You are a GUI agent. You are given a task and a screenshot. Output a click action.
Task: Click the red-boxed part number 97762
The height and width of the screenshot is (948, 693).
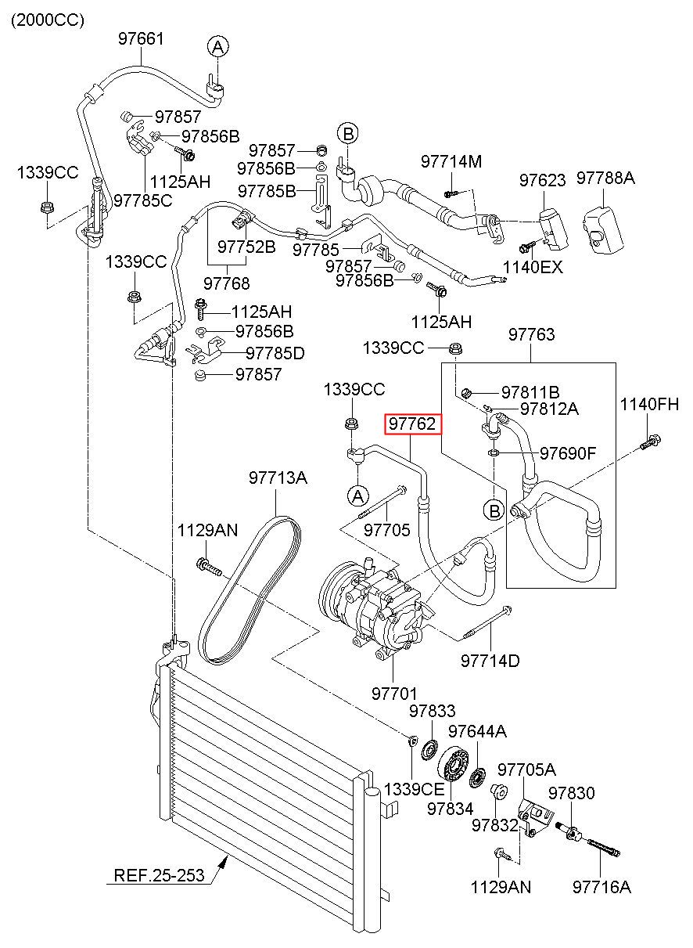(412, 424)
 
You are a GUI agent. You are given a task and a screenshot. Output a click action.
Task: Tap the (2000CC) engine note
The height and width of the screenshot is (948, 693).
(48, 20)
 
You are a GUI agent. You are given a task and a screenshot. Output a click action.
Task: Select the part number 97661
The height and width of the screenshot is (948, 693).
(140, 39)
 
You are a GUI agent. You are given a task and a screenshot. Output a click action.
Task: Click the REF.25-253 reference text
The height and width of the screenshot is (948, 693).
(159, 874)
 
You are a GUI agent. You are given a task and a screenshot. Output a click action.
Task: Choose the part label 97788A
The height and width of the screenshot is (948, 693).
(605, 178)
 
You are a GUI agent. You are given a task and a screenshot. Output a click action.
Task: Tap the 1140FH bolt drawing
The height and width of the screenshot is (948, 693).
(651, 442)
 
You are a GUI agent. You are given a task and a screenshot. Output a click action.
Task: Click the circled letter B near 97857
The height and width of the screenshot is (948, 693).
(347, 134)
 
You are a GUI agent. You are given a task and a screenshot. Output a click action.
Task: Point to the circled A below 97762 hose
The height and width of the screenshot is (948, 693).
(358, 496)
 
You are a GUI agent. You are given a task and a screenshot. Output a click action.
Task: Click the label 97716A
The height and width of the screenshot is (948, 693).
(601, 887)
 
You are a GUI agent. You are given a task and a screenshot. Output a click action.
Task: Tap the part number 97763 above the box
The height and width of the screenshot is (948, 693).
(532, 334)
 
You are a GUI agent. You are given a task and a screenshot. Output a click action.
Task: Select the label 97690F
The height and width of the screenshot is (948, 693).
(568, 453)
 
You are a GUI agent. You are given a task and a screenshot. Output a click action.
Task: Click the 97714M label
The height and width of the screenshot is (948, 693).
(451, 162)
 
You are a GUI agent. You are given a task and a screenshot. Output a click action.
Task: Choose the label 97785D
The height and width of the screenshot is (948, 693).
(275, 353)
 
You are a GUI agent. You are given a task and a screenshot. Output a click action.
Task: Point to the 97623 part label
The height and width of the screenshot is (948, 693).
(543, 180)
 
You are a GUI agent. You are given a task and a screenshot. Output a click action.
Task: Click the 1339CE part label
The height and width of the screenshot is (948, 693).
(414, 789)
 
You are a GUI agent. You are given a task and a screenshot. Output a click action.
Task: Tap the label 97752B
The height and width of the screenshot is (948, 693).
(246, 247)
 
